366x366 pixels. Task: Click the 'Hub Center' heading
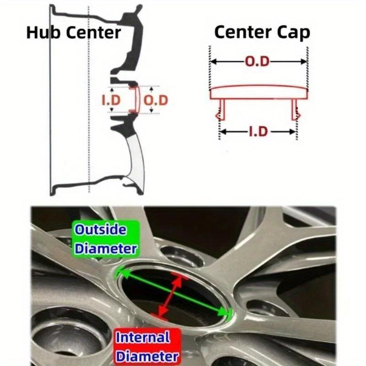(x=74, y=32)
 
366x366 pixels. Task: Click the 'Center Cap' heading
(x=262, y=32)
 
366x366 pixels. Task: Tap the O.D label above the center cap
(x=257, y=61)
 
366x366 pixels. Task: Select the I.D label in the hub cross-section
(x=111, y=100)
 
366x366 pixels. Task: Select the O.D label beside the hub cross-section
(x=156, y=100)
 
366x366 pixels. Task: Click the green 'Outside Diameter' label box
(x=106, y=239)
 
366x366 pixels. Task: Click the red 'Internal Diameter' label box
(x=147, y=347)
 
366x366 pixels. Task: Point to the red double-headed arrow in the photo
(x=170, y=295)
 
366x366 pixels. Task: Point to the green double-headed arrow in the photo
(x=173, y=291)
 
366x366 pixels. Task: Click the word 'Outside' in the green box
(x=101, y=230)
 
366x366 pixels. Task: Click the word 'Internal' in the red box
(x=143, y=338)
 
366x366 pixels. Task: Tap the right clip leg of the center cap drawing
(x=296, y=110)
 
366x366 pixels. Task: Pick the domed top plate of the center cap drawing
(x=258, y=92)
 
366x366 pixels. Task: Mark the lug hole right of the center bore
(x=266, y=308)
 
